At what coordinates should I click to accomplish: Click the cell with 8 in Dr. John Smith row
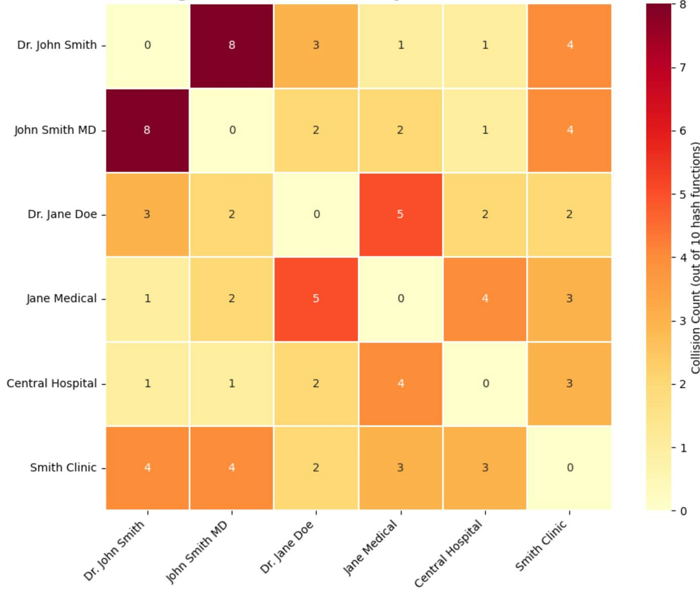click(x=232, y=45)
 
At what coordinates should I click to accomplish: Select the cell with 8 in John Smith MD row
click(x=147, y=130)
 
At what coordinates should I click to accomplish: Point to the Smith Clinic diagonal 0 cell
click(x=569, y=468)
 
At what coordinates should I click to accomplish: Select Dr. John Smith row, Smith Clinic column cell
click(x=569, y=45)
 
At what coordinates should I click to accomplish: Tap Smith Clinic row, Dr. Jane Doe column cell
click(x=316, y=468)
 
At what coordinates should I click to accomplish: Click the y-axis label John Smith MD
click(x=55, y=130)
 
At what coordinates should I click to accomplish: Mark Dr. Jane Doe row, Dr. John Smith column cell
click(x=147, y=214)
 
